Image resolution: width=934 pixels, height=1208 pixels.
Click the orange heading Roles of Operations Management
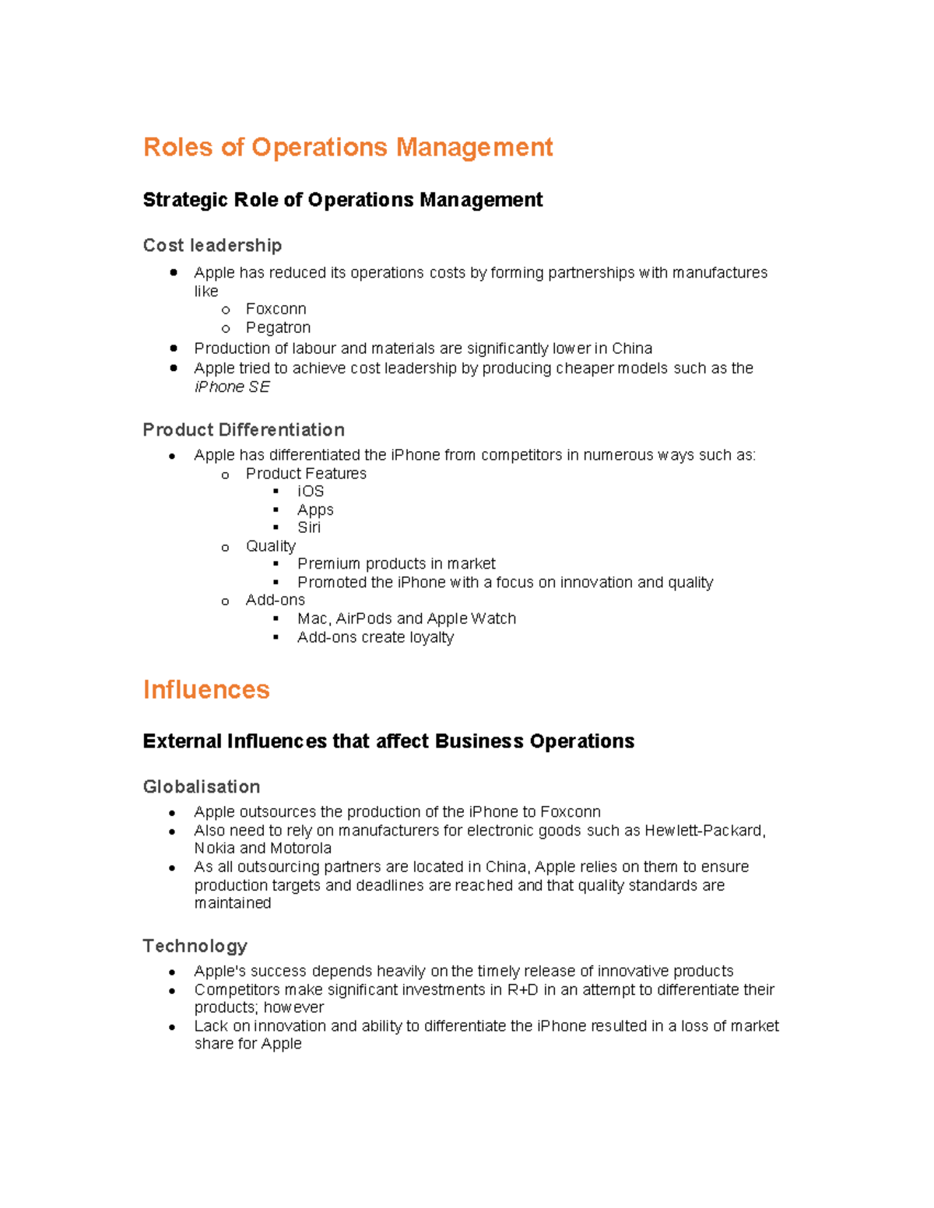click(x=347, y=147)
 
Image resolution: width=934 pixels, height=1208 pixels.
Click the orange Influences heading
click(x=206, y=690)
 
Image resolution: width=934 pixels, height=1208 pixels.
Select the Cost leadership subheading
click(x=212, y=246)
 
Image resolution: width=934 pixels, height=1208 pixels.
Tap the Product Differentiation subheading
click(x=244, y=430)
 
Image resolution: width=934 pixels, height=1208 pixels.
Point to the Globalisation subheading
click(x=202, y=787)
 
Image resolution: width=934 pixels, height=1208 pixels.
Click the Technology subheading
click(x=195, y=946)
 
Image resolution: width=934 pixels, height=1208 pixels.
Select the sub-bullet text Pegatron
click(x=278, y=327)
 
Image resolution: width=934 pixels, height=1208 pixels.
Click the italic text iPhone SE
click(x=232, y=387)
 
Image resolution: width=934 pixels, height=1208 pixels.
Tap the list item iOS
click(x=311, y=492)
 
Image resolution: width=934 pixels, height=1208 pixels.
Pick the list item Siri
click(x=309, y=527)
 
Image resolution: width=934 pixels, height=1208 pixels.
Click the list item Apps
click(x=315, y=510)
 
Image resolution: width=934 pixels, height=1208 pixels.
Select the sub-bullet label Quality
click(x=270, y=546)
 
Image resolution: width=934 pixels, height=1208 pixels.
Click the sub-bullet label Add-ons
click(x=275, y=600)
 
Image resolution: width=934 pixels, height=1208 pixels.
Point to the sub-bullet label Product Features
click(x=306, y=474)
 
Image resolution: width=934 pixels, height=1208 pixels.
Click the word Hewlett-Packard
click(x=704, y=831)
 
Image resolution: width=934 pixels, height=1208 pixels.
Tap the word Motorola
click(x=300, y=849)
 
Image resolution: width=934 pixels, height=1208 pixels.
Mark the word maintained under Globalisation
click(x=233, y=903)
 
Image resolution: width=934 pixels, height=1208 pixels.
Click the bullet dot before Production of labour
click(x=173, y=348)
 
